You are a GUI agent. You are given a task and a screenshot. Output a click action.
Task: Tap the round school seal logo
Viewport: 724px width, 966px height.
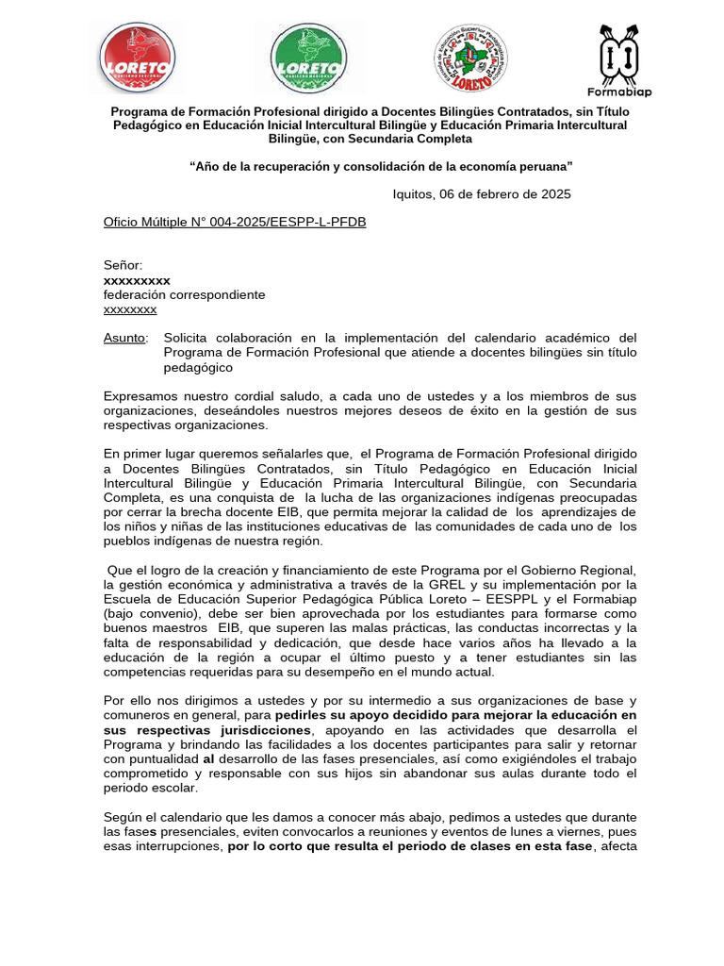[476, 58]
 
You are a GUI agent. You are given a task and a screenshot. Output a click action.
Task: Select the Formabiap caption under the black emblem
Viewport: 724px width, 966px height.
[619, 92]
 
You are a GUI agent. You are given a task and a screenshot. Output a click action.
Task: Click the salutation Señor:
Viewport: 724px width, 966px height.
[123, 266]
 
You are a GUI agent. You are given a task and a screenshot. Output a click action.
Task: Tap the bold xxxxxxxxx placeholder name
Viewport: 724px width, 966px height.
[137, 280]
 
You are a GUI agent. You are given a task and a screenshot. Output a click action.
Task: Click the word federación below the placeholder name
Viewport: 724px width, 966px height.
[136, 294]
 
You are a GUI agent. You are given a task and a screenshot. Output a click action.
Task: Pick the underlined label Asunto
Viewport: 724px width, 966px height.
[124, 338]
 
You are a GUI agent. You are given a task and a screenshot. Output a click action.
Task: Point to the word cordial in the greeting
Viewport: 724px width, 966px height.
[254, 396]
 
